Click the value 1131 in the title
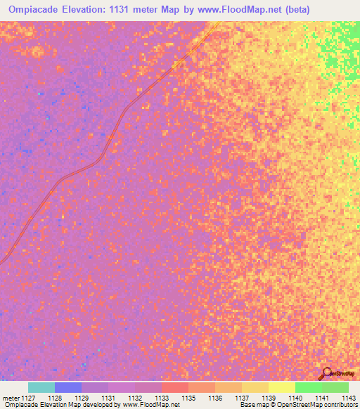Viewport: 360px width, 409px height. [131, 9]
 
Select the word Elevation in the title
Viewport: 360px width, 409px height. [91, 9]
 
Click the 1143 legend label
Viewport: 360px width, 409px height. [349, 397]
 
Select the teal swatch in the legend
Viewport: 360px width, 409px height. [41, 387]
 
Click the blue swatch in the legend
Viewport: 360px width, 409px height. [68, 387]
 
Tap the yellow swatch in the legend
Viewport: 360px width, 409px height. [281, 387]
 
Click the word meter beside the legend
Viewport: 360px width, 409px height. [11, 397]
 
